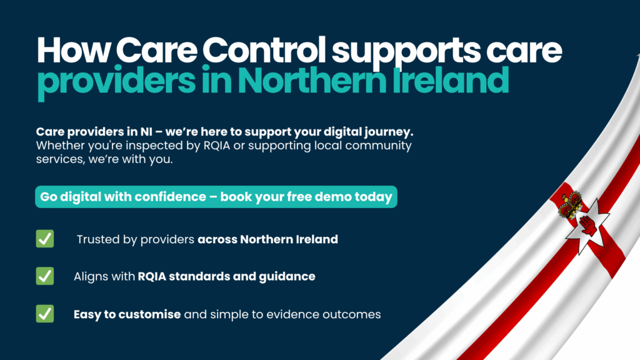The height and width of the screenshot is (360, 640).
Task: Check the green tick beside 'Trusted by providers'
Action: (x=45, y=239)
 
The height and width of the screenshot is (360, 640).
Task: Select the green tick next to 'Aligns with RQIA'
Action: (x=45, y=276)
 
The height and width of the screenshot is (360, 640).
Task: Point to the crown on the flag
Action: (x=570, y=204)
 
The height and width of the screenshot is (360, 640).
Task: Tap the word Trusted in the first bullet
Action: (x=97, y=239)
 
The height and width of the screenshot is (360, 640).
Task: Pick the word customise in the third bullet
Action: (x=150, y=314)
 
